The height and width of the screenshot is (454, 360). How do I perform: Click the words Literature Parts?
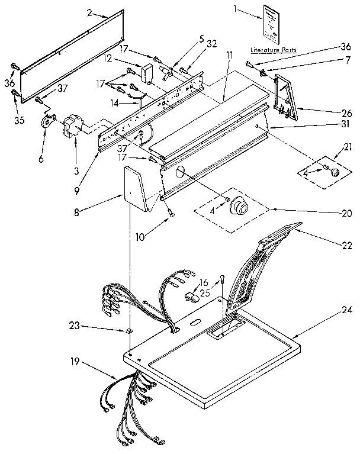273,50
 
